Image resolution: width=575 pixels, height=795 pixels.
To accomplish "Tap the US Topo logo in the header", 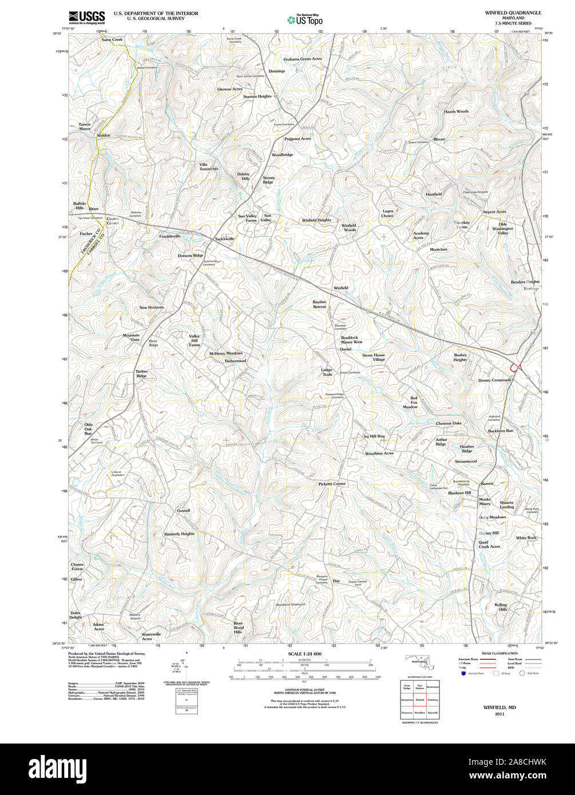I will [305, 19].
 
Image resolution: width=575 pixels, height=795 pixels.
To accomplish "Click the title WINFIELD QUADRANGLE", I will [513, 13].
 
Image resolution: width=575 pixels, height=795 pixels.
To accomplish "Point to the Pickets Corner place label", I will [332, 484].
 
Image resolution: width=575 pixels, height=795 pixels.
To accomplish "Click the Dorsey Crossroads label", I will [494, 380].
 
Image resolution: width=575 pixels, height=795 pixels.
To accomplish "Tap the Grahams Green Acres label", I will [303, 59].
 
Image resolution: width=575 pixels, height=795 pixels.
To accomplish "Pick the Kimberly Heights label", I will [179, 534].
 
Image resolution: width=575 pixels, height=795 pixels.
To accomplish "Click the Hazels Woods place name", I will [456, 112].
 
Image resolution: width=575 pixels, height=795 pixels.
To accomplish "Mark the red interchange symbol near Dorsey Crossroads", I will [515, 368].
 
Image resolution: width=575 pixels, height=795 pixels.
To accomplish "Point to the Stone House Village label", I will [374, 357].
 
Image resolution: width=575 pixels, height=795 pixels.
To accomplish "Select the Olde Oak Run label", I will [88, 429].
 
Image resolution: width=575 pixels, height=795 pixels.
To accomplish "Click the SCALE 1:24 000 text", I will [305, 654].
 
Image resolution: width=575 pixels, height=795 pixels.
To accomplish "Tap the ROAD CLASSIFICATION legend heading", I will [499, 653].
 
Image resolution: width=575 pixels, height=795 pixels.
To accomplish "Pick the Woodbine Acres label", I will [379, 454].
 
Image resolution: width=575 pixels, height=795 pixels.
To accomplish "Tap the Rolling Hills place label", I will [501, 607].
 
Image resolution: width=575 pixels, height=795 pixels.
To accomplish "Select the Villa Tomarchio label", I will [208, 166].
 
